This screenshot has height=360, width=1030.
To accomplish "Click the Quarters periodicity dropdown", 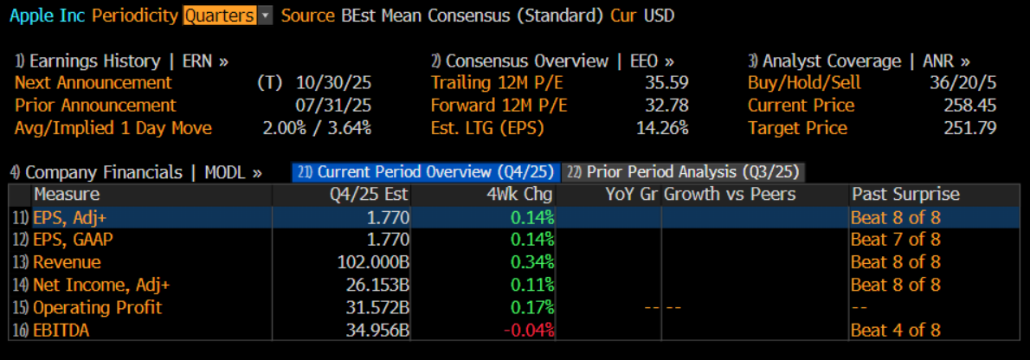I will (x=227, y=16).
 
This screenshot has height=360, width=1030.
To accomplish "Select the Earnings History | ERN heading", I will (x=121, y=61).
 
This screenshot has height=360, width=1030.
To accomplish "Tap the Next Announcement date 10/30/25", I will (x=333, y=83).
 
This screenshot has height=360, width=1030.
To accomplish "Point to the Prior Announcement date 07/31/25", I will (x=333, y=106).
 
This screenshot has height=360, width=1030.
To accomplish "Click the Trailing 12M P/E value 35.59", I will (x=666, y=83).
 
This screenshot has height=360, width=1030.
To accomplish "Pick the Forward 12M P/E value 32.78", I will (x=666, y=106).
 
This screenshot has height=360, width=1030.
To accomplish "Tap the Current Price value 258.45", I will (x=969, y=106).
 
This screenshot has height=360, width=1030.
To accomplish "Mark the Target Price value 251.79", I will (x=969, y=128).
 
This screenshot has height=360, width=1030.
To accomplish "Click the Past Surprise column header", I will (x=905, y=194).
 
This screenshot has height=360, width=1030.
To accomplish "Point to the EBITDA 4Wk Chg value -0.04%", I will (x=527, y=330).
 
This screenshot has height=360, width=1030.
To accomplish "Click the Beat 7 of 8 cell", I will (x=895, y=240).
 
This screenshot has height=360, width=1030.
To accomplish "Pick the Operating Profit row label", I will (x=97, y=307).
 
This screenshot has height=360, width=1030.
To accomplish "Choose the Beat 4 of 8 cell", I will (x=895, y=330).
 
